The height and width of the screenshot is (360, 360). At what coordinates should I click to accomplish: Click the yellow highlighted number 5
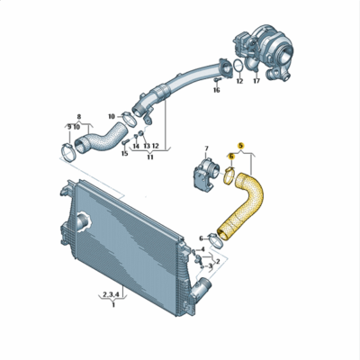(x=240, y=144)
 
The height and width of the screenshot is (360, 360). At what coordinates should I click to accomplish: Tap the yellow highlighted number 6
(x=231, y=156)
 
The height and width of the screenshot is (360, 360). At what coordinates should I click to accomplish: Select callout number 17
(x=256, y=81)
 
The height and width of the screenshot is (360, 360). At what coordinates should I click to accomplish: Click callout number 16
(x=217, y=90)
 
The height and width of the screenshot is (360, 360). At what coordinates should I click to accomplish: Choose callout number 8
(x=78, y=116)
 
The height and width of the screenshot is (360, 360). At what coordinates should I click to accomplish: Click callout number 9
(x=68, y=127)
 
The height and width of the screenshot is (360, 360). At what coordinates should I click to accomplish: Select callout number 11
(x=149, y=157)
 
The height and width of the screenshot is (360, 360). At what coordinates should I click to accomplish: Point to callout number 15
(x=124, y=155)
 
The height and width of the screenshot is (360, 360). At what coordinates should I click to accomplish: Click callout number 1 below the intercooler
(x=112, y=304)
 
